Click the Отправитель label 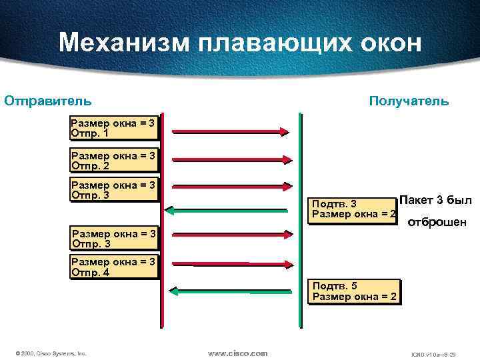click(48, 101)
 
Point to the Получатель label click(409, 101)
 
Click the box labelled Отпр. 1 click(113, 128)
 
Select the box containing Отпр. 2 click(113, 160)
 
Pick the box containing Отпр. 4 click(113, 267)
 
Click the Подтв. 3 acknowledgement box click(354, 209)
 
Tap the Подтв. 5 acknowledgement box click(354, 291)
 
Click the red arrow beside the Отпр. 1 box click(231, 131)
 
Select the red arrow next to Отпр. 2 click(231, 159)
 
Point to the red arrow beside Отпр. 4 click(231, 263)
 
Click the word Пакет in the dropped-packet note click(416, 201)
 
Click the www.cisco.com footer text click(237, 353)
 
